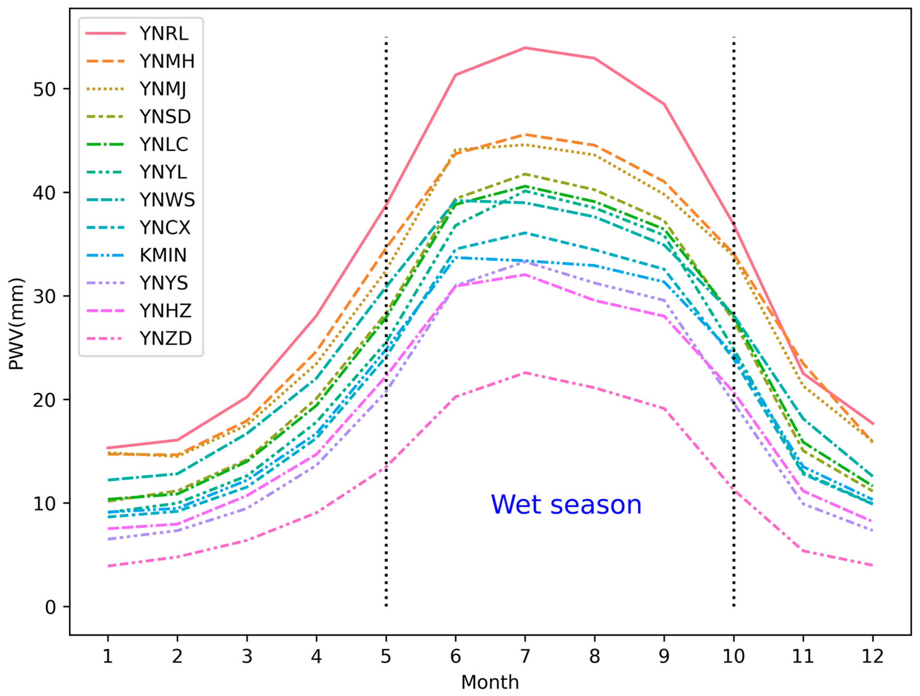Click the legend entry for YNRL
(164, 33)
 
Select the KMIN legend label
(163, 255)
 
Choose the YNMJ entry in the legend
(163, 89)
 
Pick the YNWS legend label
(167, 200)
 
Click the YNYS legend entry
(164, 283)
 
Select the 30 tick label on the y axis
(45, 296)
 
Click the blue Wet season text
(566, 505)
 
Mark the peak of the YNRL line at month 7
(525, 48)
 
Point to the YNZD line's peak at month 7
(525, 372)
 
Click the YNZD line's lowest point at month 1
(108, 566)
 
